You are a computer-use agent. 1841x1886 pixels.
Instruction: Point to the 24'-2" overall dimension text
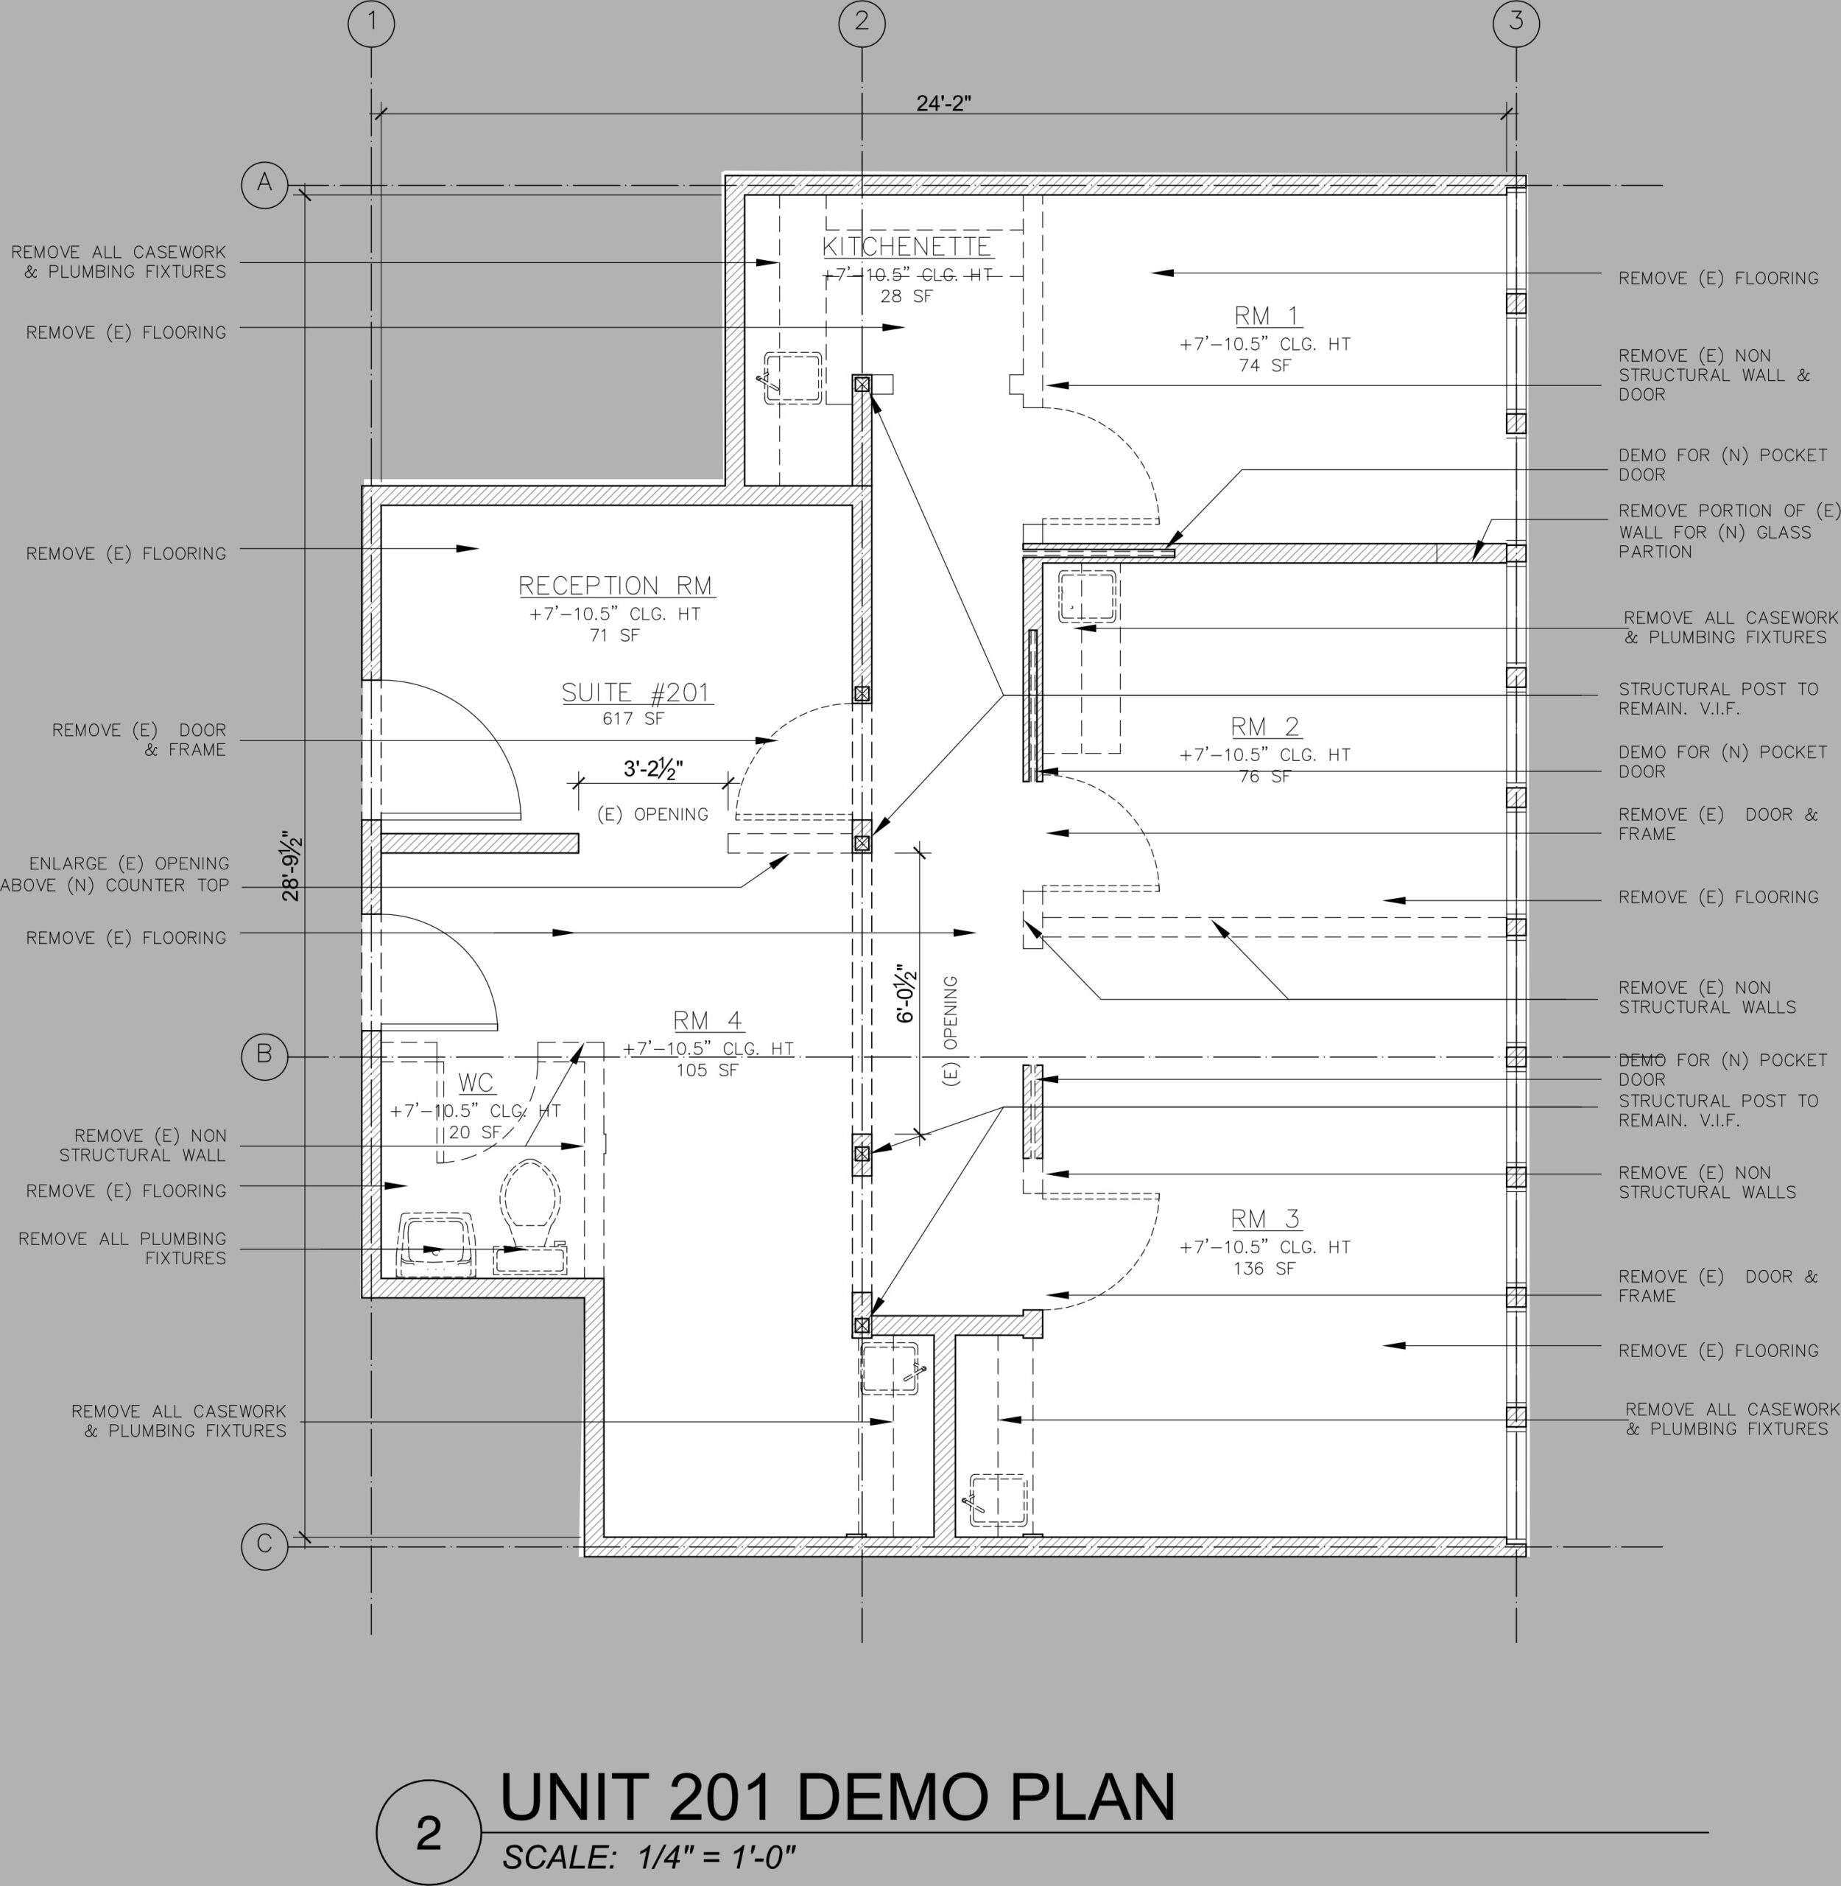point(944,102)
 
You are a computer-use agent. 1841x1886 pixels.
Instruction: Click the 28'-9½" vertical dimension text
point(291,865)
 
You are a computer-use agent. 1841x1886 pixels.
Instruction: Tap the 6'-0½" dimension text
point(905,993)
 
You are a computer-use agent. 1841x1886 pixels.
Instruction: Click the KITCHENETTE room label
point(907,247)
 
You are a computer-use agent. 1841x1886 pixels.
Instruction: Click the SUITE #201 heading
point(636,693)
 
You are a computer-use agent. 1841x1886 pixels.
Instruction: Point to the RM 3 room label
point(1266,1218)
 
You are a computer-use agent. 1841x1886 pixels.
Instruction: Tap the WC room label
point(476,1083)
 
